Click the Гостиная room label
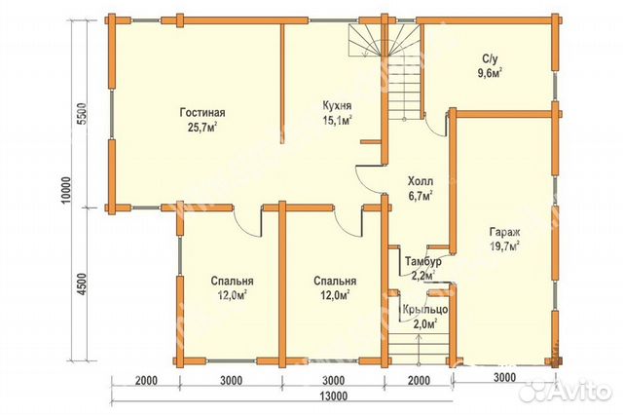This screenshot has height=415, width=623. point(202,112)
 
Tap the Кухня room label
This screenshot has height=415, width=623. point(337,106)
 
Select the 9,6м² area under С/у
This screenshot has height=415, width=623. point(489,73)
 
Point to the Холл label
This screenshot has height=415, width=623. point(421,181)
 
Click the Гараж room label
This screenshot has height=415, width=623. point(504,232)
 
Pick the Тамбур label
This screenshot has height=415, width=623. point(423,261)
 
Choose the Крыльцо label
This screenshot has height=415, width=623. point(425,309)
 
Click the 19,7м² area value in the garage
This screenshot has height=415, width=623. point(504,246)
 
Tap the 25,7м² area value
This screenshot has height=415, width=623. point(202,128)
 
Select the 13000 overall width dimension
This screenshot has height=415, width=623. point(334,396)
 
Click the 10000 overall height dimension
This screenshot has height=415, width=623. point(66,190)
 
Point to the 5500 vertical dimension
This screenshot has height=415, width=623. point(81,115)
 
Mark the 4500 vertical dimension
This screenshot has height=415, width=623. point(81,283)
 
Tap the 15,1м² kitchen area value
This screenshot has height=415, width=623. point(338,121)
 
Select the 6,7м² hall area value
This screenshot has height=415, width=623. point(421,196)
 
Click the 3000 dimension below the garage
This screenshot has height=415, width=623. point(504,376)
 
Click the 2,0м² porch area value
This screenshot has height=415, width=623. point(425,323)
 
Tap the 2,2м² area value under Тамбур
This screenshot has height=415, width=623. point(423,276)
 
